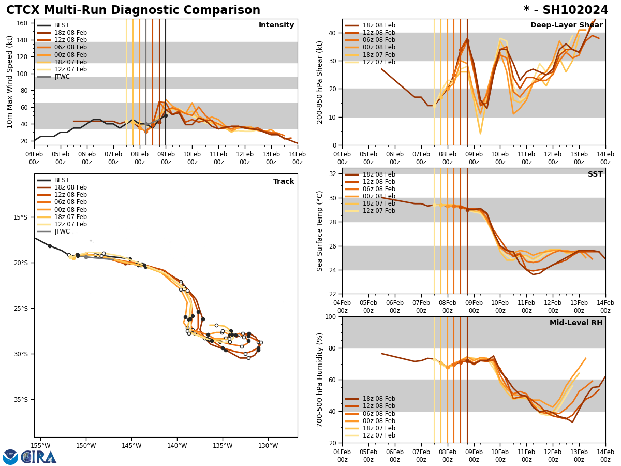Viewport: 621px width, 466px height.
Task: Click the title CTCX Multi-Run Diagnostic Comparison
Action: (x=133, y=10)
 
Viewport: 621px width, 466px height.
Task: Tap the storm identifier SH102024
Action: (x=566, y=10)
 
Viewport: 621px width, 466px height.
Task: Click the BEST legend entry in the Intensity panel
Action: (x=62, y=25)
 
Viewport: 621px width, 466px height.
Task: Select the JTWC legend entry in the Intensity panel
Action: (x=62, y=77)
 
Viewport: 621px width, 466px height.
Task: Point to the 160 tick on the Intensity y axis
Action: (x=23, y=23)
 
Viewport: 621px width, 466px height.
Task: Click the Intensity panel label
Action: (x=276, y=25)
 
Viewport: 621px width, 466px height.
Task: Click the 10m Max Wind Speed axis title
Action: (x=10, y=82)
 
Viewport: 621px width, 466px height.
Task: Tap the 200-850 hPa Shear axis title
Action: (x=320, y=82)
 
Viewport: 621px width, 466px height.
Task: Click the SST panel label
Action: (x=595, y=174)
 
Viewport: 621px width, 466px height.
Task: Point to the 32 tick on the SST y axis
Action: (x=333, y=174)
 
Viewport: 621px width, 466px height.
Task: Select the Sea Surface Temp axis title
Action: (x=320, y=231)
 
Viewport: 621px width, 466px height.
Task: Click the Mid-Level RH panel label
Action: (x=576, y=323)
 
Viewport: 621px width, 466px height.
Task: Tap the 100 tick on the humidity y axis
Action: (x=331, y=316)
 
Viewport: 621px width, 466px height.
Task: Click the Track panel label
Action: (x=284, y=182)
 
